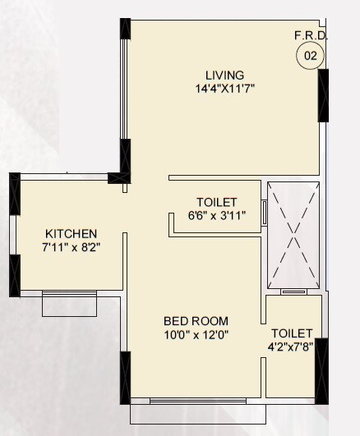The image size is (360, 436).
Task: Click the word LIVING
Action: coord(224,75)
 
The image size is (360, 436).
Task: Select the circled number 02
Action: coord(311,56)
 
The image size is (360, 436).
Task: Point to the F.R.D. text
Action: coord(311,35)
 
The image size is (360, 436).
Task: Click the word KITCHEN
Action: coord(72,233)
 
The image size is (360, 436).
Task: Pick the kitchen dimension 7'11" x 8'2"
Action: coord(72,246)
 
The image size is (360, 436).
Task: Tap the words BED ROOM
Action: coord(196,320)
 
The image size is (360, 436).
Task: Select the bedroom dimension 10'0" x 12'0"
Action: coord(196,333)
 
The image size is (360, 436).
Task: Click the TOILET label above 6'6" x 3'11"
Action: coord(217,202)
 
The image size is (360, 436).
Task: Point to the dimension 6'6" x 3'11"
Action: coord(217,216)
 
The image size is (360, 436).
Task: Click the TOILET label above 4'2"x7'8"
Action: coord(292,333)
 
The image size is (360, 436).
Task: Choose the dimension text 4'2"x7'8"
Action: coord(292,347)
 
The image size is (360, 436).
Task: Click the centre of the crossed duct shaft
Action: coord(293,234)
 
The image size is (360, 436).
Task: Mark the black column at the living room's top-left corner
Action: coord(125,29)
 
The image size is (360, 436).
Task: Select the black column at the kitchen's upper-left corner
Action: coord(14,193)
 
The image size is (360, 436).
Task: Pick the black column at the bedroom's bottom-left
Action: coord(125,377)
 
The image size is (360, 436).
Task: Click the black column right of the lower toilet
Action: coord(321,369)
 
